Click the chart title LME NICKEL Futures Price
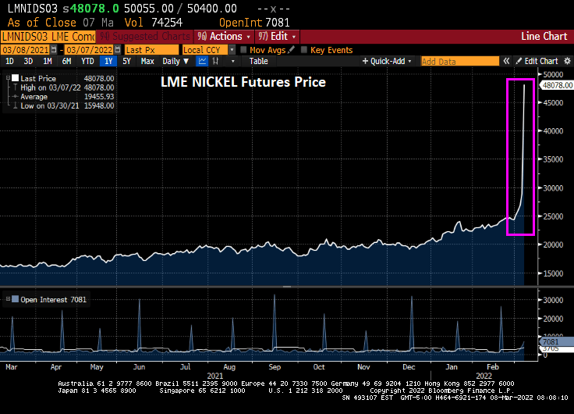tap(243, 81)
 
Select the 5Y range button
tap(126, 61)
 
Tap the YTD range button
tap(88, 61)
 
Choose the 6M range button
tap(67, 61)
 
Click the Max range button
tap(147, 61)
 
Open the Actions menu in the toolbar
tap(226, 36)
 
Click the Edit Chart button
tap(540, 61)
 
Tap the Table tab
tap(258, 61)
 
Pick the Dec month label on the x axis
tap(408, 366)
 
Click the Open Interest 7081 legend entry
tap(48, 299)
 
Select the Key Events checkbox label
tap(331, 49)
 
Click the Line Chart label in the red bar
tap(544, 36)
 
